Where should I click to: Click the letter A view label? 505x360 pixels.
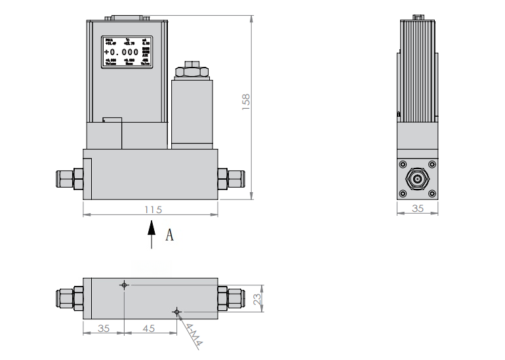tap(169, 235)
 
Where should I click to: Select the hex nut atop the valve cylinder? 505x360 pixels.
tap(192, 71)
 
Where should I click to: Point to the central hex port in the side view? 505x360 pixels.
tap(417, 178)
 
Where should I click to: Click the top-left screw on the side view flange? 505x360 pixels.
tap(403, 164)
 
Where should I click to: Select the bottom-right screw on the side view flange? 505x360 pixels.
tap(432, 193)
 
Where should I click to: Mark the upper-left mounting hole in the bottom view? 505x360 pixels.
tap(123, 285)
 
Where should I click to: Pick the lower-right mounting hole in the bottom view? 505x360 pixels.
tap(175, 311)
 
